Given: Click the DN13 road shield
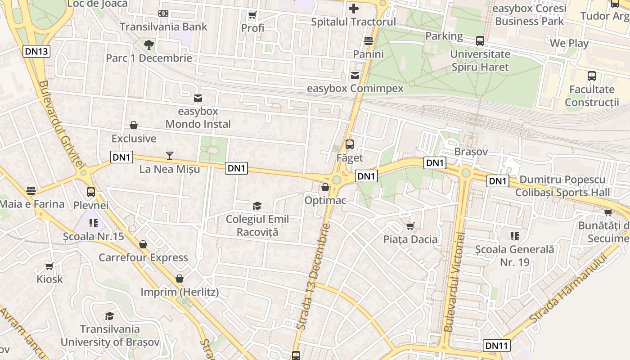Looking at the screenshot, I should [36, 51].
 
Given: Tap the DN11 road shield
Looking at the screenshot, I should [497, 346].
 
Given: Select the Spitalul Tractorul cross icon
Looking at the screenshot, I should [354, 9].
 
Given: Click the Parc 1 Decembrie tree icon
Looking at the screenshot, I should [149, 45].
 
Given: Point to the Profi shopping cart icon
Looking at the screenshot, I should [252, 15].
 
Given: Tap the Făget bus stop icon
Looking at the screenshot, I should [350, 144].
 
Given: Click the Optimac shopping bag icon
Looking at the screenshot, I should [325, 187].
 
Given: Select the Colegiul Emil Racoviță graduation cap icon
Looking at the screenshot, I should [257, 206].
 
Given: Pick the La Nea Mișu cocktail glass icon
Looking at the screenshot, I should [170, 156].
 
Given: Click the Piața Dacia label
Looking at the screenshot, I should [410, 239].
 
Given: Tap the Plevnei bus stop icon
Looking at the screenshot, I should [91, 192].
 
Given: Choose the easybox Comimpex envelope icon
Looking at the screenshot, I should [355, 75].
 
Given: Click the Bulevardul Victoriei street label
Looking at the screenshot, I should [454, 282].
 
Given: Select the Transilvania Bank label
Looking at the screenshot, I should [164, 27].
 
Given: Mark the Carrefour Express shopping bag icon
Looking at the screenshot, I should [143, 244].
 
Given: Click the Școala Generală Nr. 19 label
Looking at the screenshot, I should [515, 256].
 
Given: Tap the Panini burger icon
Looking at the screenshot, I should [369, 41].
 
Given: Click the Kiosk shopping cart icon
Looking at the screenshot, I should [49, 266].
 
